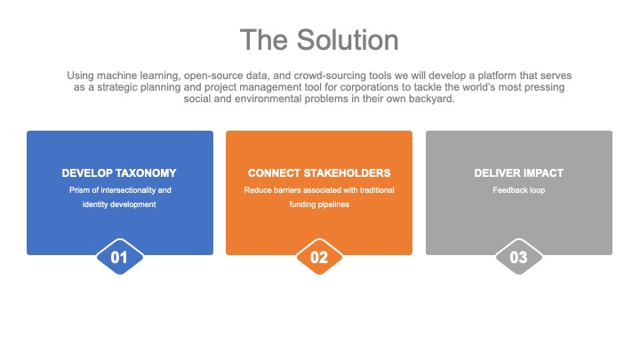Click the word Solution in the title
(x=348, y=40)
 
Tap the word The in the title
(x=264, y=40)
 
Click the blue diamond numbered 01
(x=120, y=257)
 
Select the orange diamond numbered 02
(x=319, y=257)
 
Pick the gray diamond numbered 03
(x=519, y=257)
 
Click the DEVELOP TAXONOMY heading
(x=119, y=173)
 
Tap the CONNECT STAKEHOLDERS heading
(x=319, y=173)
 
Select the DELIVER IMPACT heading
(x=519, y=173)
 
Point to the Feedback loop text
(x=519, y=190)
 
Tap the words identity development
(x=119, y=204)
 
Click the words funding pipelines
(x=319, y=204)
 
